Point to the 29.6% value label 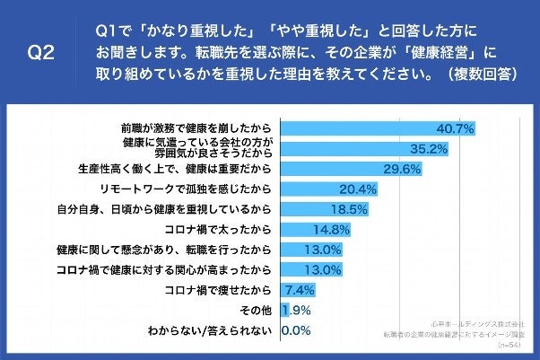[x=403, y=169]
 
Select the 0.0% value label [x=297, y=331]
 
